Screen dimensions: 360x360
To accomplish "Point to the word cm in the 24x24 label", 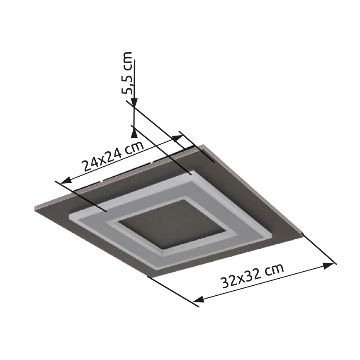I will tap(134, 148).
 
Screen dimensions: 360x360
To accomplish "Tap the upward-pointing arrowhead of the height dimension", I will tap(134, 132).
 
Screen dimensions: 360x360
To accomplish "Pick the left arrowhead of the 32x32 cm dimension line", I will tap(199, 299).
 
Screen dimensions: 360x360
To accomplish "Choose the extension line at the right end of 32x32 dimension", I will tap(319, 248).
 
